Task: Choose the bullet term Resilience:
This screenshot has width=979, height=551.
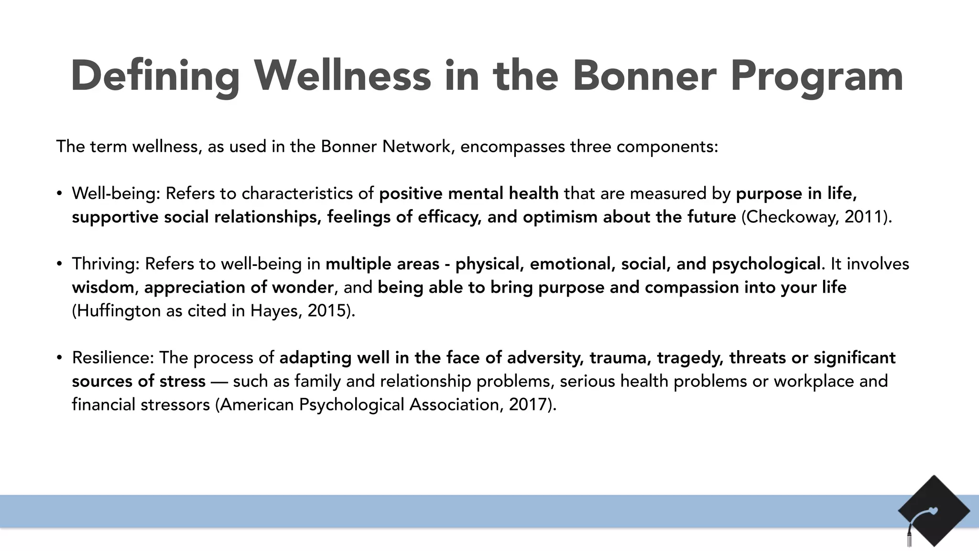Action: pyautogui.click(x=113, y=358)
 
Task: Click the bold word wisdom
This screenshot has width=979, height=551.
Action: pyautogui.click(x=103, y=287)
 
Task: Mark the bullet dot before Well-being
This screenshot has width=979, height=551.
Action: pyautogui.click(x=59, y=194)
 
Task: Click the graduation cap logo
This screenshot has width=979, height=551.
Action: pyautogui.click(x=933, y=511)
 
